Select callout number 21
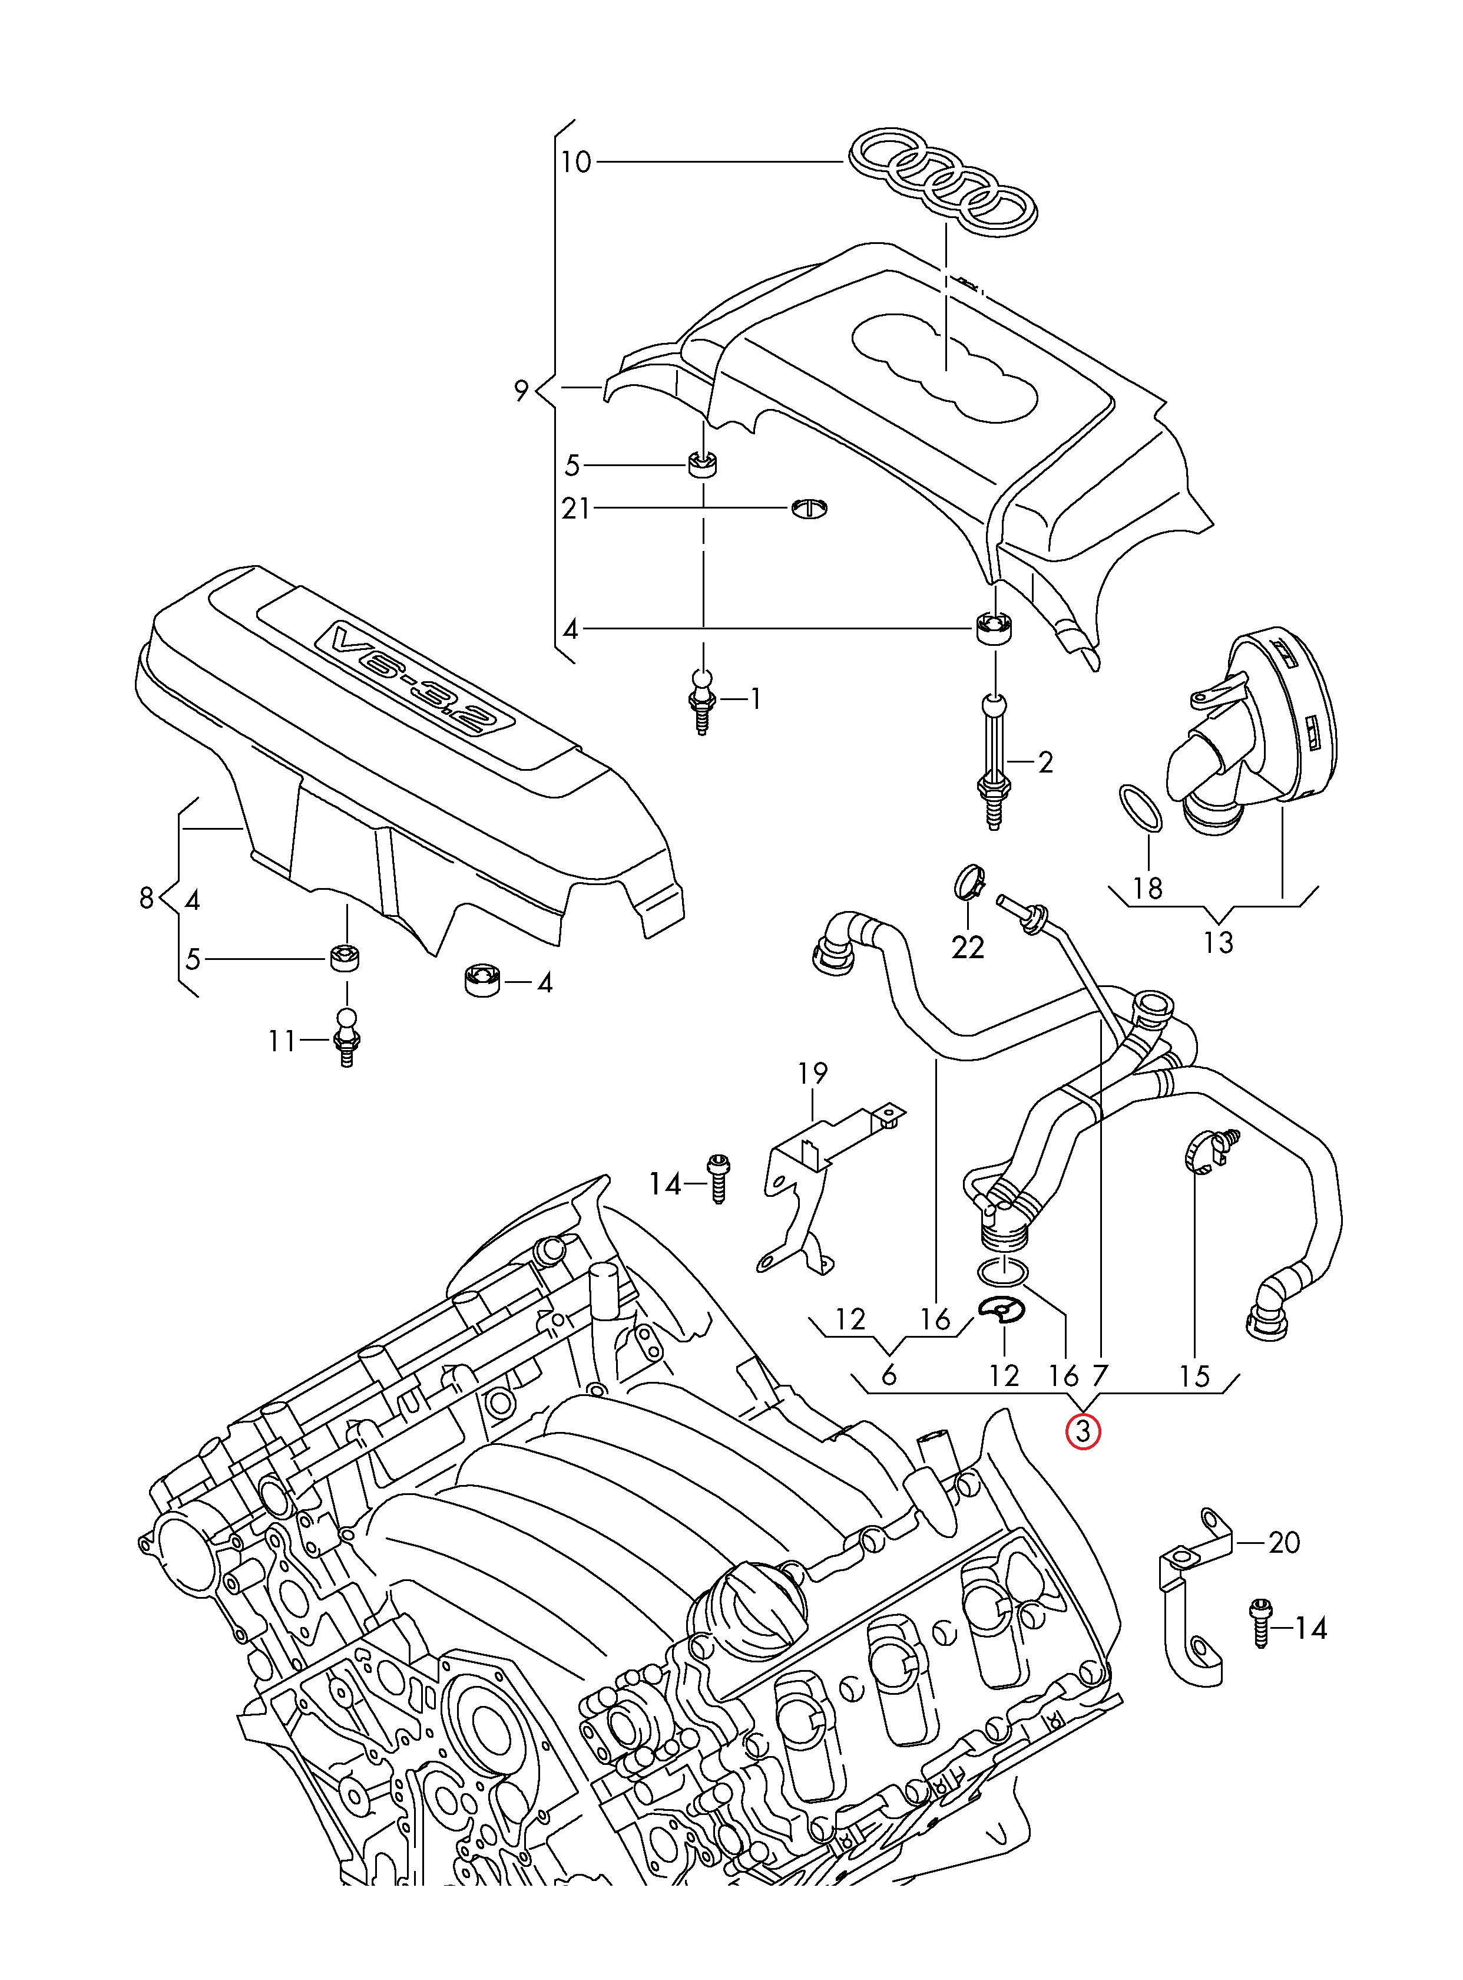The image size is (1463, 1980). (x=575, y=509)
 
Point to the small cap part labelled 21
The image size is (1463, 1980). (x=809, y=507)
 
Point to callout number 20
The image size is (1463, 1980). (x=1283, y=1542)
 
